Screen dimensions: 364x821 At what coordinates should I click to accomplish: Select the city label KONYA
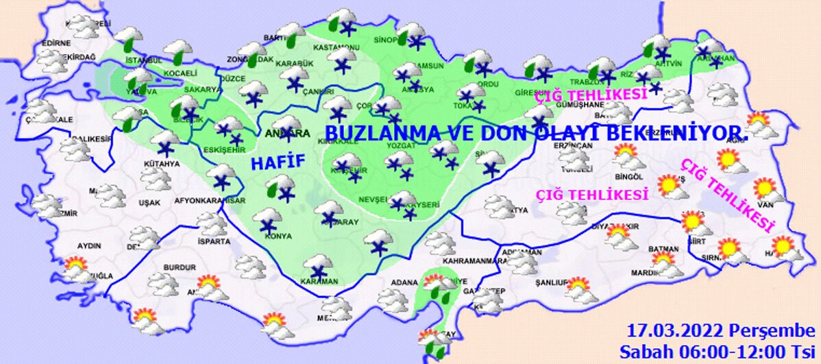tap(278, 236)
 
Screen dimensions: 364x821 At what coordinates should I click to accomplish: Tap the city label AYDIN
tap(89, 246)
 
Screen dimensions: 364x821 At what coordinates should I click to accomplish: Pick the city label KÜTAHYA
tap(162, 164)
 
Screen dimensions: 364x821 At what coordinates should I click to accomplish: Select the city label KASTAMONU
tap(336, 47)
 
